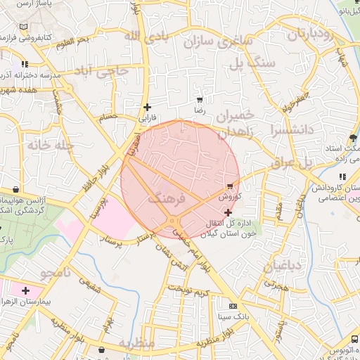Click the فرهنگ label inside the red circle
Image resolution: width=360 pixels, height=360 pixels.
(x=167, y=199)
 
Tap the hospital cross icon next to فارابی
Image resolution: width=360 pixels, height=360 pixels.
(x=147, y=108)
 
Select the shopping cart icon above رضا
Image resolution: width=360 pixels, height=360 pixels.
(x=200, y=101)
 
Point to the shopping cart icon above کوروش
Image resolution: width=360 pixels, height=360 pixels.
(x=230, y=186)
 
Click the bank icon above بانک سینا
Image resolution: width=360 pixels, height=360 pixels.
(x=233, y=306)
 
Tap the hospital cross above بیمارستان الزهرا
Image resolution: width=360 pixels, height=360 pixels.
(x=26, y=290)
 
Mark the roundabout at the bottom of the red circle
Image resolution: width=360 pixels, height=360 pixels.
(x=172, y=223)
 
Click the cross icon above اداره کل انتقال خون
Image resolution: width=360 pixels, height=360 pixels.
(x=228, y=212)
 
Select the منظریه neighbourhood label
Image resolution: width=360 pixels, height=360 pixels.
(x=136, y=344)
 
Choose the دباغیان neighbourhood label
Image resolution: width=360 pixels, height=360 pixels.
(x=281, y=266)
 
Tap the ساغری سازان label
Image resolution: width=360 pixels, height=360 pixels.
(x=217, y=40)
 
